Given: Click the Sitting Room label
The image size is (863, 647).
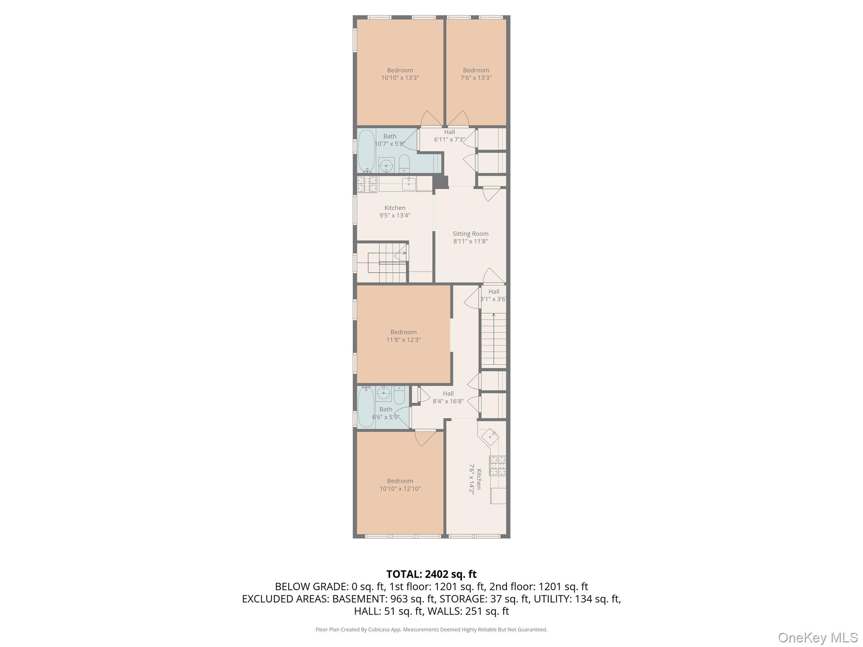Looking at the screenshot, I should coord(470,234).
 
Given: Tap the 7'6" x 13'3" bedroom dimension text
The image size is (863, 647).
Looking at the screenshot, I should coord(476,78).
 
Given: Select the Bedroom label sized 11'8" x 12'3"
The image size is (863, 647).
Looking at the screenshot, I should coord(403,332).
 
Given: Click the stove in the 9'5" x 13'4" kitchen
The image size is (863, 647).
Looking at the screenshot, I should coord(367,184).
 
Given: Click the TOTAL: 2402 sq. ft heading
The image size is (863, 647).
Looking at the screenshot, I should coord(431,574).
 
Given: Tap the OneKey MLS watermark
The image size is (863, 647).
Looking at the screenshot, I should coord(817,637).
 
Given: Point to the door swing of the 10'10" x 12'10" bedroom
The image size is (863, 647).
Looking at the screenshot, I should coord(426,438).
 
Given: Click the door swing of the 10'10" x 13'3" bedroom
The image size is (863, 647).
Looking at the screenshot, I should coord(431,119).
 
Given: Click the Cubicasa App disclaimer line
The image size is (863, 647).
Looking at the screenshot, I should coord(431,630).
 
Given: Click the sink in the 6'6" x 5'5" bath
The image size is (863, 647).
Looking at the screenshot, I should coord(383,393).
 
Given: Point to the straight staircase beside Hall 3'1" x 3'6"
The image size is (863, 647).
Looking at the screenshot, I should coord(493,339).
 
